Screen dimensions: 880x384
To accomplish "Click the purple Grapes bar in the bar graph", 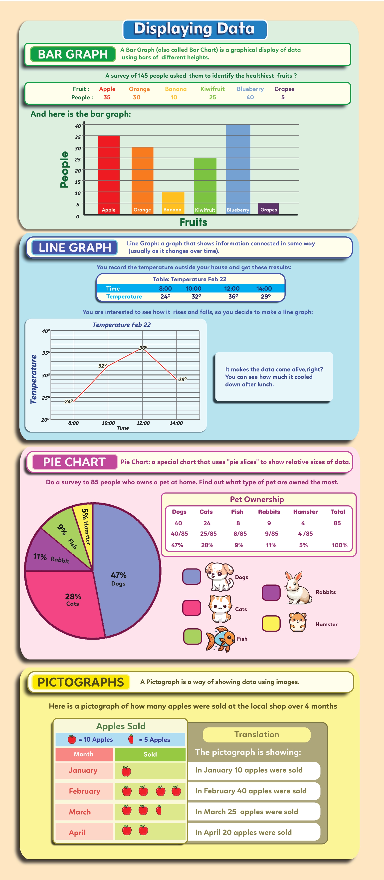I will [x=268, y=209].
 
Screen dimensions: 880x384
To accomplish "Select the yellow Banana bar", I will [x=173, y=203].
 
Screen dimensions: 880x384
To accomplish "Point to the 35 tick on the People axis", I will [x=78, y=137].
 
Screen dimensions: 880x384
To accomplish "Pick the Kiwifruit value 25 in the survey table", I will [x=212, y=97].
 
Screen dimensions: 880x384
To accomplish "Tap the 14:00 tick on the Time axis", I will [x=176, y=423].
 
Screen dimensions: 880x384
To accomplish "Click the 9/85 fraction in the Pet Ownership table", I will [x=271, y=533].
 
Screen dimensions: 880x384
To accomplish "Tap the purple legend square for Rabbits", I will [x=271, y=592].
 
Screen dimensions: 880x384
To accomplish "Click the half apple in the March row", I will [x=159, y=810].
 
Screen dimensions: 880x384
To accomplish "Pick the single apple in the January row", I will [x=126, y=771].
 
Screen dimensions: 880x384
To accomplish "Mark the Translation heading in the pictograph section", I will [x=257, y=734].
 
